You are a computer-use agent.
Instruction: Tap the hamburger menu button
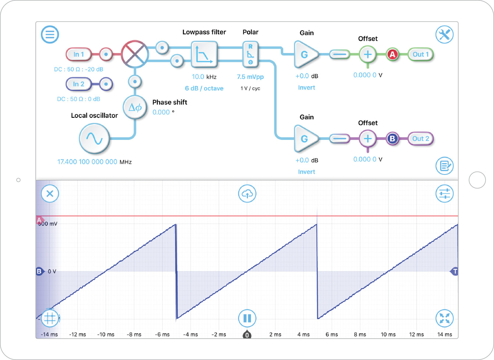point(50,35)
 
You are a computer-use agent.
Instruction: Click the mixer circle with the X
point(135,54)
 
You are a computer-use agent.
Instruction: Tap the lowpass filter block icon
point(204,54)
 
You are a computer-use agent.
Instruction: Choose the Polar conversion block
point(250,54)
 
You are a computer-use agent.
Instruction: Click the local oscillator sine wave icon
point(94,138)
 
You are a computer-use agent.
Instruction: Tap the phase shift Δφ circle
point(135,107)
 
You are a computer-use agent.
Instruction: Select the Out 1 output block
point(420,54)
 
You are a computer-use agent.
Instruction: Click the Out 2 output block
point(420,139)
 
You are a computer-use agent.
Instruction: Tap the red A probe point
point(392,54)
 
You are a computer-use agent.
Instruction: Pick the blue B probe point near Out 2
point(392,139)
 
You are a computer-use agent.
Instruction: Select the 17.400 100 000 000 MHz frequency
point(88,162)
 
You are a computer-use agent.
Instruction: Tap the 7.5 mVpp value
point(250,77)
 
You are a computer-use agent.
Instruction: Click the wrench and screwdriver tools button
point(444,35)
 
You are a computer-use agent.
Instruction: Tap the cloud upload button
point(247,194)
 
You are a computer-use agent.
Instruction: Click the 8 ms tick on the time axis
point(360,335)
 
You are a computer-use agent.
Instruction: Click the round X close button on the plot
point(50,194)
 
